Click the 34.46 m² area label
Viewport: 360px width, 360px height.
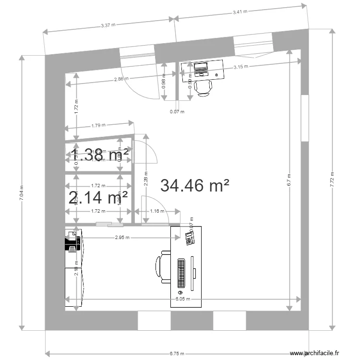click(x=195, y=185)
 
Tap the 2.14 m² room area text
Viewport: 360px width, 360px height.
click(x=98, y=197)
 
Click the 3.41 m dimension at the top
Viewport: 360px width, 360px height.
click(x=240, y=12)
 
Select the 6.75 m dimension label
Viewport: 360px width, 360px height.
click(x=177, y=353)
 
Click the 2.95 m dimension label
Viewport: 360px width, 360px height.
click(x=122, y=237)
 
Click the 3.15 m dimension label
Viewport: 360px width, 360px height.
click(x=241, y=67)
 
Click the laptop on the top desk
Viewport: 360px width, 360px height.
click(x=200, y=70)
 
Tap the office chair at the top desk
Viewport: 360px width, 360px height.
click(x=205, y=87)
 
